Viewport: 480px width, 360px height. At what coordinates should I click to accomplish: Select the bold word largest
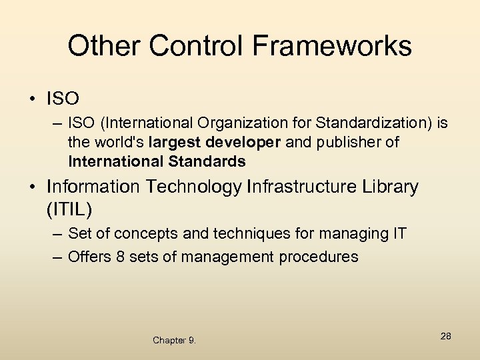pos(173,143)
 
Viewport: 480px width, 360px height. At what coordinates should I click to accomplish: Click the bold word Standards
pos(209,161)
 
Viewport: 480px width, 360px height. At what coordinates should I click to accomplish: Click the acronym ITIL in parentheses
pos(69,209)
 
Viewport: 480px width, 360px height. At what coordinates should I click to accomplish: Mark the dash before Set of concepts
pos(57,235)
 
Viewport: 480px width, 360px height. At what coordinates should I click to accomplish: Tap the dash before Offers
pos(57,257)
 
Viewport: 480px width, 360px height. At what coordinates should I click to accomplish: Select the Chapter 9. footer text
pos(174,341)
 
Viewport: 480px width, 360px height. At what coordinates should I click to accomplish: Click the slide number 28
pos(445,336)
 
